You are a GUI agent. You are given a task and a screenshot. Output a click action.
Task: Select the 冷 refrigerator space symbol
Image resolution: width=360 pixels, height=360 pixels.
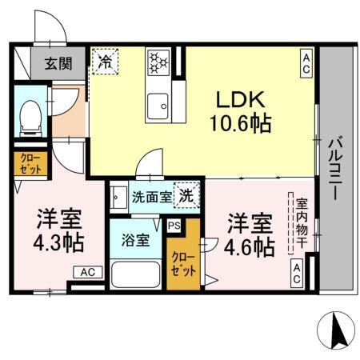104,61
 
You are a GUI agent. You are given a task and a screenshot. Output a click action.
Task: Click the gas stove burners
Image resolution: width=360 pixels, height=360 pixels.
158,62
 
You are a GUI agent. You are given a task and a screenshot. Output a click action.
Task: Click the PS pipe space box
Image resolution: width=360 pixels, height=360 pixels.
174,225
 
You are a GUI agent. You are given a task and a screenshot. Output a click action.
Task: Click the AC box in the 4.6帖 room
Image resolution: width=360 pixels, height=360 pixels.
296,274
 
